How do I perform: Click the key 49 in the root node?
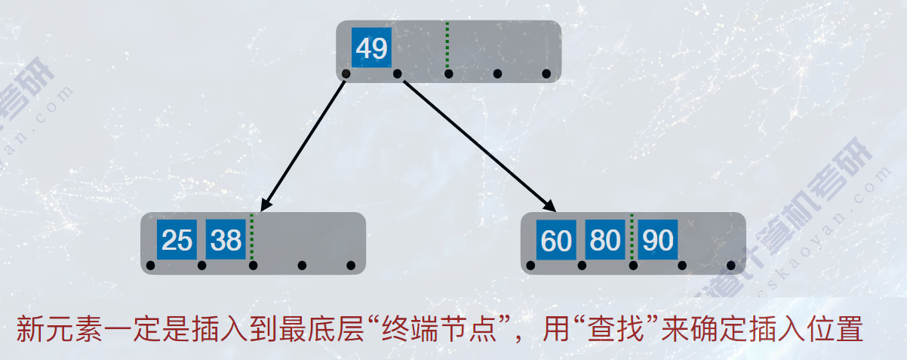point(371,48)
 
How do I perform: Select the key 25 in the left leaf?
point(177,240)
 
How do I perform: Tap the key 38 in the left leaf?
point(226,240)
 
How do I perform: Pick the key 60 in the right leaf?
point(557,240)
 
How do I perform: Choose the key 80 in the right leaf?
point(605,240)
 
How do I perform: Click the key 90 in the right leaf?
point(657,240)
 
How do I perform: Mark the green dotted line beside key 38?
point(251,238)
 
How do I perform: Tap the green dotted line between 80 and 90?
point(632,238)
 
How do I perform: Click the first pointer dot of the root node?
point(346,74)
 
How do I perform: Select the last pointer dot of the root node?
point(546,74)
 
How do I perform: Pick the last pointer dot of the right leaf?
point(730,266)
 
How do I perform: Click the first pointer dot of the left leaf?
point(151,266)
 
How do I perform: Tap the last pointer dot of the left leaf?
point(350,266)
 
